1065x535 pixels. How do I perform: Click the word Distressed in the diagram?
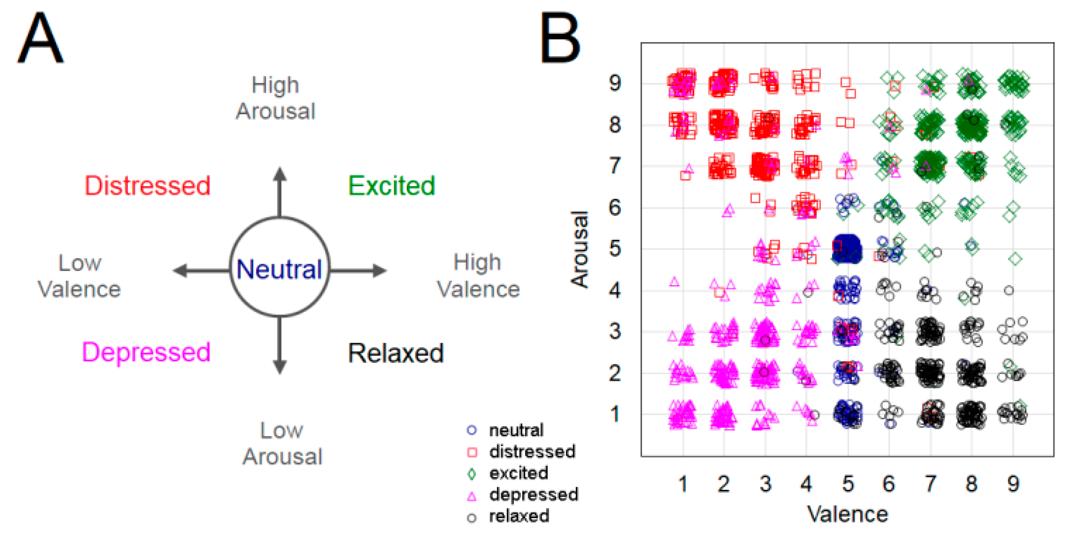click(x=147, y=186)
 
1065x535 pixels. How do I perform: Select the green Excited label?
click(x=392, y=186)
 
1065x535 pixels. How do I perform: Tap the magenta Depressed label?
click(x=146, y=352)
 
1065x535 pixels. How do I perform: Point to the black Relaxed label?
click(x=396, y=353)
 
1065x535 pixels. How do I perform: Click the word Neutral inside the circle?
click(x=279, y=269)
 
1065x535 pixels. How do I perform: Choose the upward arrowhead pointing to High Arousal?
click(x=280, y=174)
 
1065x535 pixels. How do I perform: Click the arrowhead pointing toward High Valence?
click(x=380, y=271)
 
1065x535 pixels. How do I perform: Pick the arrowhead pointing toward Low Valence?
click(x=180, y=271)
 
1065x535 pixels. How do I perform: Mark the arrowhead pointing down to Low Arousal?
click(x=280, y=367)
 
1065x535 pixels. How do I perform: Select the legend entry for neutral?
click(x=516, y=430)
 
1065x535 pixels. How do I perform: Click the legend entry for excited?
click(x=518, y=473)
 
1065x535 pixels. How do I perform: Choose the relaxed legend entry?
click(x=519, y=516)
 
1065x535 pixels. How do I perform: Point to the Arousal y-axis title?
click(x=579, y=249)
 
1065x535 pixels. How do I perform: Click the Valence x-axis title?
click(x=847, y=514)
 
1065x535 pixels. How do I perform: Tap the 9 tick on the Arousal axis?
click(x=615, y=83)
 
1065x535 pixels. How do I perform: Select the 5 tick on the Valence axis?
click(x=848, y=484)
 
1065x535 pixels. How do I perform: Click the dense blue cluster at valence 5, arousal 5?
click(x=847, y=249)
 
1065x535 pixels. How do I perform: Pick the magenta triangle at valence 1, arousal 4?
click(x=674, y=282)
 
